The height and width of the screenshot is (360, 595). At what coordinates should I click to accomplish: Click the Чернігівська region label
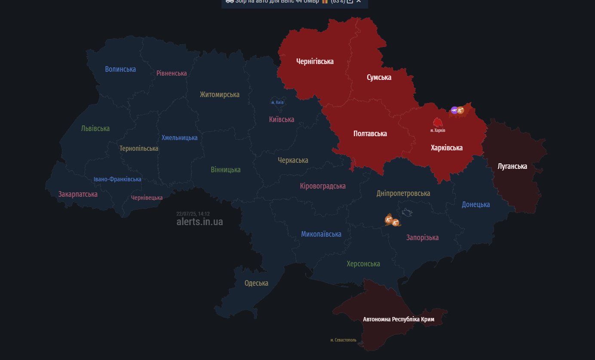315,61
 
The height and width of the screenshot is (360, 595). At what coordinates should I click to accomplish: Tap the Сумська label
379,77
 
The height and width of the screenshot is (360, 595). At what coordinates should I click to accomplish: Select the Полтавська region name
370,134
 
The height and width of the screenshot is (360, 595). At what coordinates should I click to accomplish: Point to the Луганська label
512,166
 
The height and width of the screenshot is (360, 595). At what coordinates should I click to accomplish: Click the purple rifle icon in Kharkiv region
454,110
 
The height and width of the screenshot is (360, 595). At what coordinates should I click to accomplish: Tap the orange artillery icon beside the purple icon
460,110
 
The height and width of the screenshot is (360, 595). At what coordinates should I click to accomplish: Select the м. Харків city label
438,130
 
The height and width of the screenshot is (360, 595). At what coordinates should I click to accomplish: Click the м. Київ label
277,102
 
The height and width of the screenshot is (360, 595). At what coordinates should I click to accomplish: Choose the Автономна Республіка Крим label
399,319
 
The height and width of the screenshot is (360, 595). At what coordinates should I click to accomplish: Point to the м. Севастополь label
343,340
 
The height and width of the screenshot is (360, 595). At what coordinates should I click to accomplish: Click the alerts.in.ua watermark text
199,222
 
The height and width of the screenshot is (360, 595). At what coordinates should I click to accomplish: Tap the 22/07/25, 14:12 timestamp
193,214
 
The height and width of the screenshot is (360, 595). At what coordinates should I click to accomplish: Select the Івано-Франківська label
117,179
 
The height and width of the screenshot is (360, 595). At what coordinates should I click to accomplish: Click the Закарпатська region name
78,194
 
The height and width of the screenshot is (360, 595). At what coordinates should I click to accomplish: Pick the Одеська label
256,283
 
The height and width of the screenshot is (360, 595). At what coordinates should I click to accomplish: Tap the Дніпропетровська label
403,193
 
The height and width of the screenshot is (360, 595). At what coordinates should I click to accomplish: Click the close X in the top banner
359,1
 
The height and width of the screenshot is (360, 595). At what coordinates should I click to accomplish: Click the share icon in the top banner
350,1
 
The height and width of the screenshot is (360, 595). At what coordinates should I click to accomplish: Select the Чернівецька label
147,198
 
